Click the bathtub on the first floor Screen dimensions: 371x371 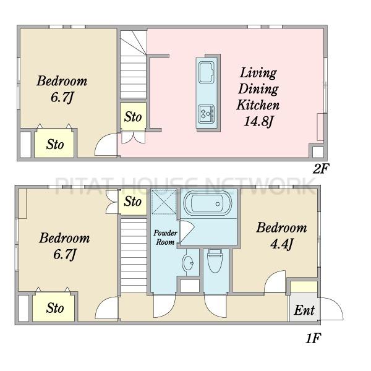pos(208,203)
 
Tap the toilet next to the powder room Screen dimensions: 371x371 pos(215,261)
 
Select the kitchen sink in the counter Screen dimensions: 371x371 pos(207,72)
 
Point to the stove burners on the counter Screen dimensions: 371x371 pos(207,114)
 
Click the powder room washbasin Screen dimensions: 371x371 pos(188,262)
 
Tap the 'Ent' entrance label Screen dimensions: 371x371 pos(304,310)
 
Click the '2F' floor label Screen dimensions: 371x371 pos(320,169)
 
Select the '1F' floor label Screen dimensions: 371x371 pos(313,338)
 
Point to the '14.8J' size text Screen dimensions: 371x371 pos(258,122)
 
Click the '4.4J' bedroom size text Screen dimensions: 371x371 pos(282,244)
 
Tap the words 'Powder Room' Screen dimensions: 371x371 pos(165,237)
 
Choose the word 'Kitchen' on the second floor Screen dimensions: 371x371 pos(258,105)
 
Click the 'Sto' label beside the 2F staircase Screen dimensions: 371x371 pos(133,117)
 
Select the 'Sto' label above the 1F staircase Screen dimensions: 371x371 pos(132,202)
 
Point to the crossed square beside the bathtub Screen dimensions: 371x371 pos(164,202)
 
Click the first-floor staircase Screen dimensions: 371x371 pos(134,255)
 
